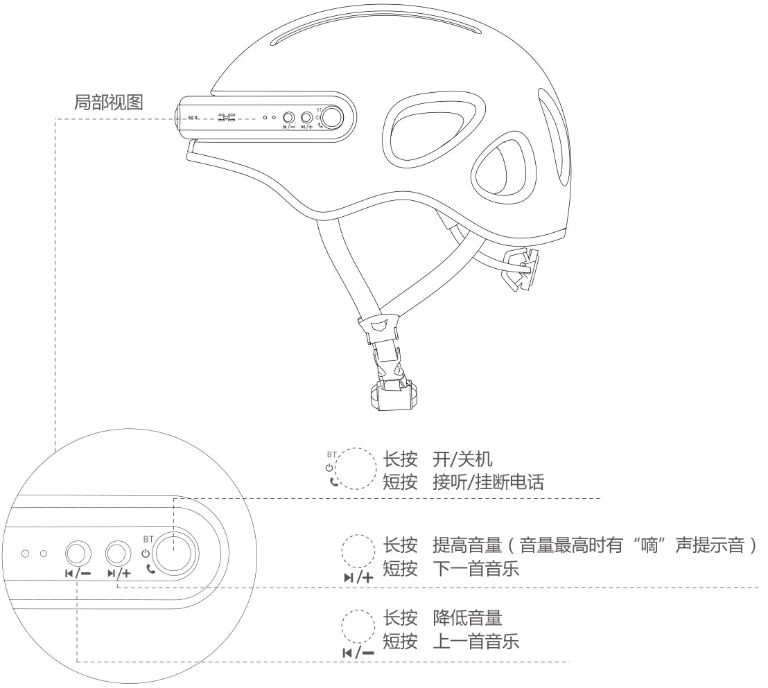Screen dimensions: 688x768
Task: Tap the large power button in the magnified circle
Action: tap(175, 553)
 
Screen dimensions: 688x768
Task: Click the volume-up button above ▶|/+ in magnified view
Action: tap(119, 553)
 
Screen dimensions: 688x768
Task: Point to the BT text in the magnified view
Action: tap(147, 538)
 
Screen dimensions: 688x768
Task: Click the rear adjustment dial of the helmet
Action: tap(521, 272)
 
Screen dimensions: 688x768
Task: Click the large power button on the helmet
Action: tap(333, 117)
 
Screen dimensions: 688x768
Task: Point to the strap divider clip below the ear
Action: tap(377, 325)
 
